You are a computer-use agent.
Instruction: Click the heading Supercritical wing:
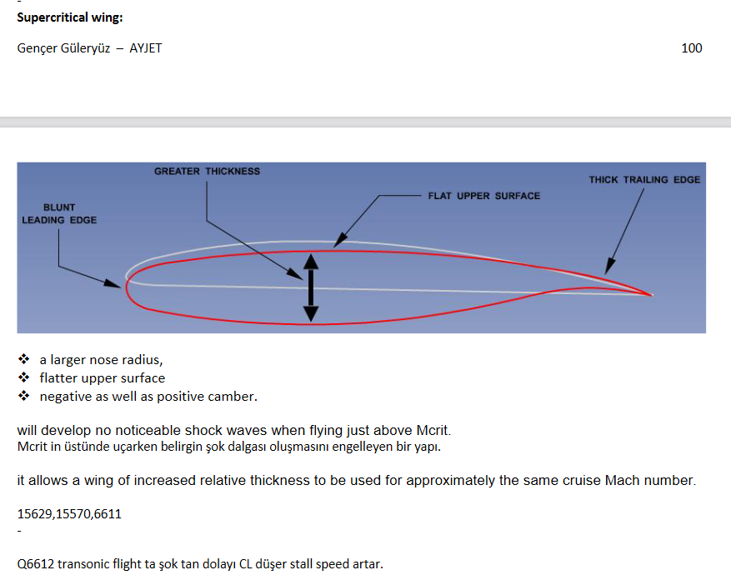pos(70,17)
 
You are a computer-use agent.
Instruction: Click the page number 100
pos(691,48)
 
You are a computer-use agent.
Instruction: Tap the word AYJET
pos(146,48)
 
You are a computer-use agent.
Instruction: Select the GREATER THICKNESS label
pos(207,171)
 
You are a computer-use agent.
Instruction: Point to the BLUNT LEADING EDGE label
pos(59,213)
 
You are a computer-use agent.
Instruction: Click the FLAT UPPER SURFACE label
pos(484,196)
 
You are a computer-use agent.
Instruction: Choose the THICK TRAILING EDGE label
pos(644,179)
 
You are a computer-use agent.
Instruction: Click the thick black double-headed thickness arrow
pos(311,288)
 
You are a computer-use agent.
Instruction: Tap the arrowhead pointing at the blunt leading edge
pos(113,283)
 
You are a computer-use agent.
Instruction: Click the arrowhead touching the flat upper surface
pos(340,240)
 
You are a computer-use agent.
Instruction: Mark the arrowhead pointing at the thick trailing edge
pos(609,266)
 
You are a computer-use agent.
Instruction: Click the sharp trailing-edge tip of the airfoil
pos(651,295)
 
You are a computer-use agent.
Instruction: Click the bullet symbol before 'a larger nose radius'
pos(24,359)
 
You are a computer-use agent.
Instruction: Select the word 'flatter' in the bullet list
pos(58,378)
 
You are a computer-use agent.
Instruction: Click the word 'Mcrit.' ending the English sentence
pos(433,430)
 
